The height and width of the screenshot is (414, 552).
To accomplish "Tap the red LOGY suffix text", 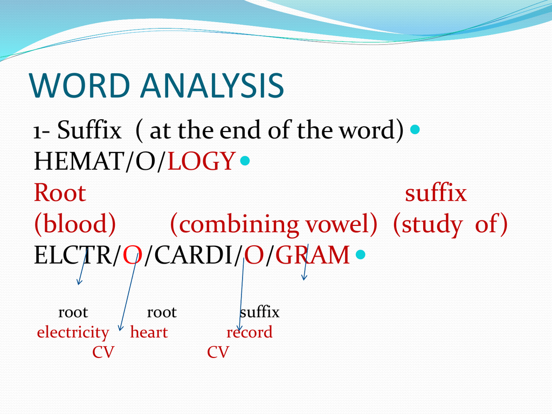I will point(202,161).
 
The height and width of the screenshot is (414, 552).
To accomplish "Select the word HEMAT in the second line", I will point(78,161).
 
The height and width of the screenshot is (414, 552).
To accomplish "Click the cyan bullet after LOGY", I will point(245,161).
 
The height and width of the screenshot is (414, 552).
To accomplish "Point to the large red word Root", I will point(60,193).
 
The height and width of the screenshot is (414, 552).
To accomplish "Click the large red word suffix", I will point(436,193).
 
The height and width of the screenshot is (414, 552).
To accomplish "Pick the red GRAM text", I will point(313,255).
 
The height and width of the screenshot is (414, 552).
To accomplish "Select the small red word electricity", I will point(73,333).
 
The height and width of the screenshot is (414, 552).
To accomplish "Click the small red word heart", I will point(149,333).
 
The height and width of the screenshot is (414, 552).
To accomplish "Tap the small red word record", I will point(250,333).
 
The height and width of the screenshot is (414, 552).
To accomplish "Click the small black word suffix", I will point(259,312).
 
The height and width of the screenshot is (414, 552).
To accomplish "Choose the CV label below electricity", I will point(103,353).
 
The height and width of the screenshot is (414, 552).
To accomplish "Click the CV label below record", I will point(218,353).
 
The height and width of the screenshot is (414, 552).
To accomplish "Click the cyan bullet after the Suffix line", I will point(415,130).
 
